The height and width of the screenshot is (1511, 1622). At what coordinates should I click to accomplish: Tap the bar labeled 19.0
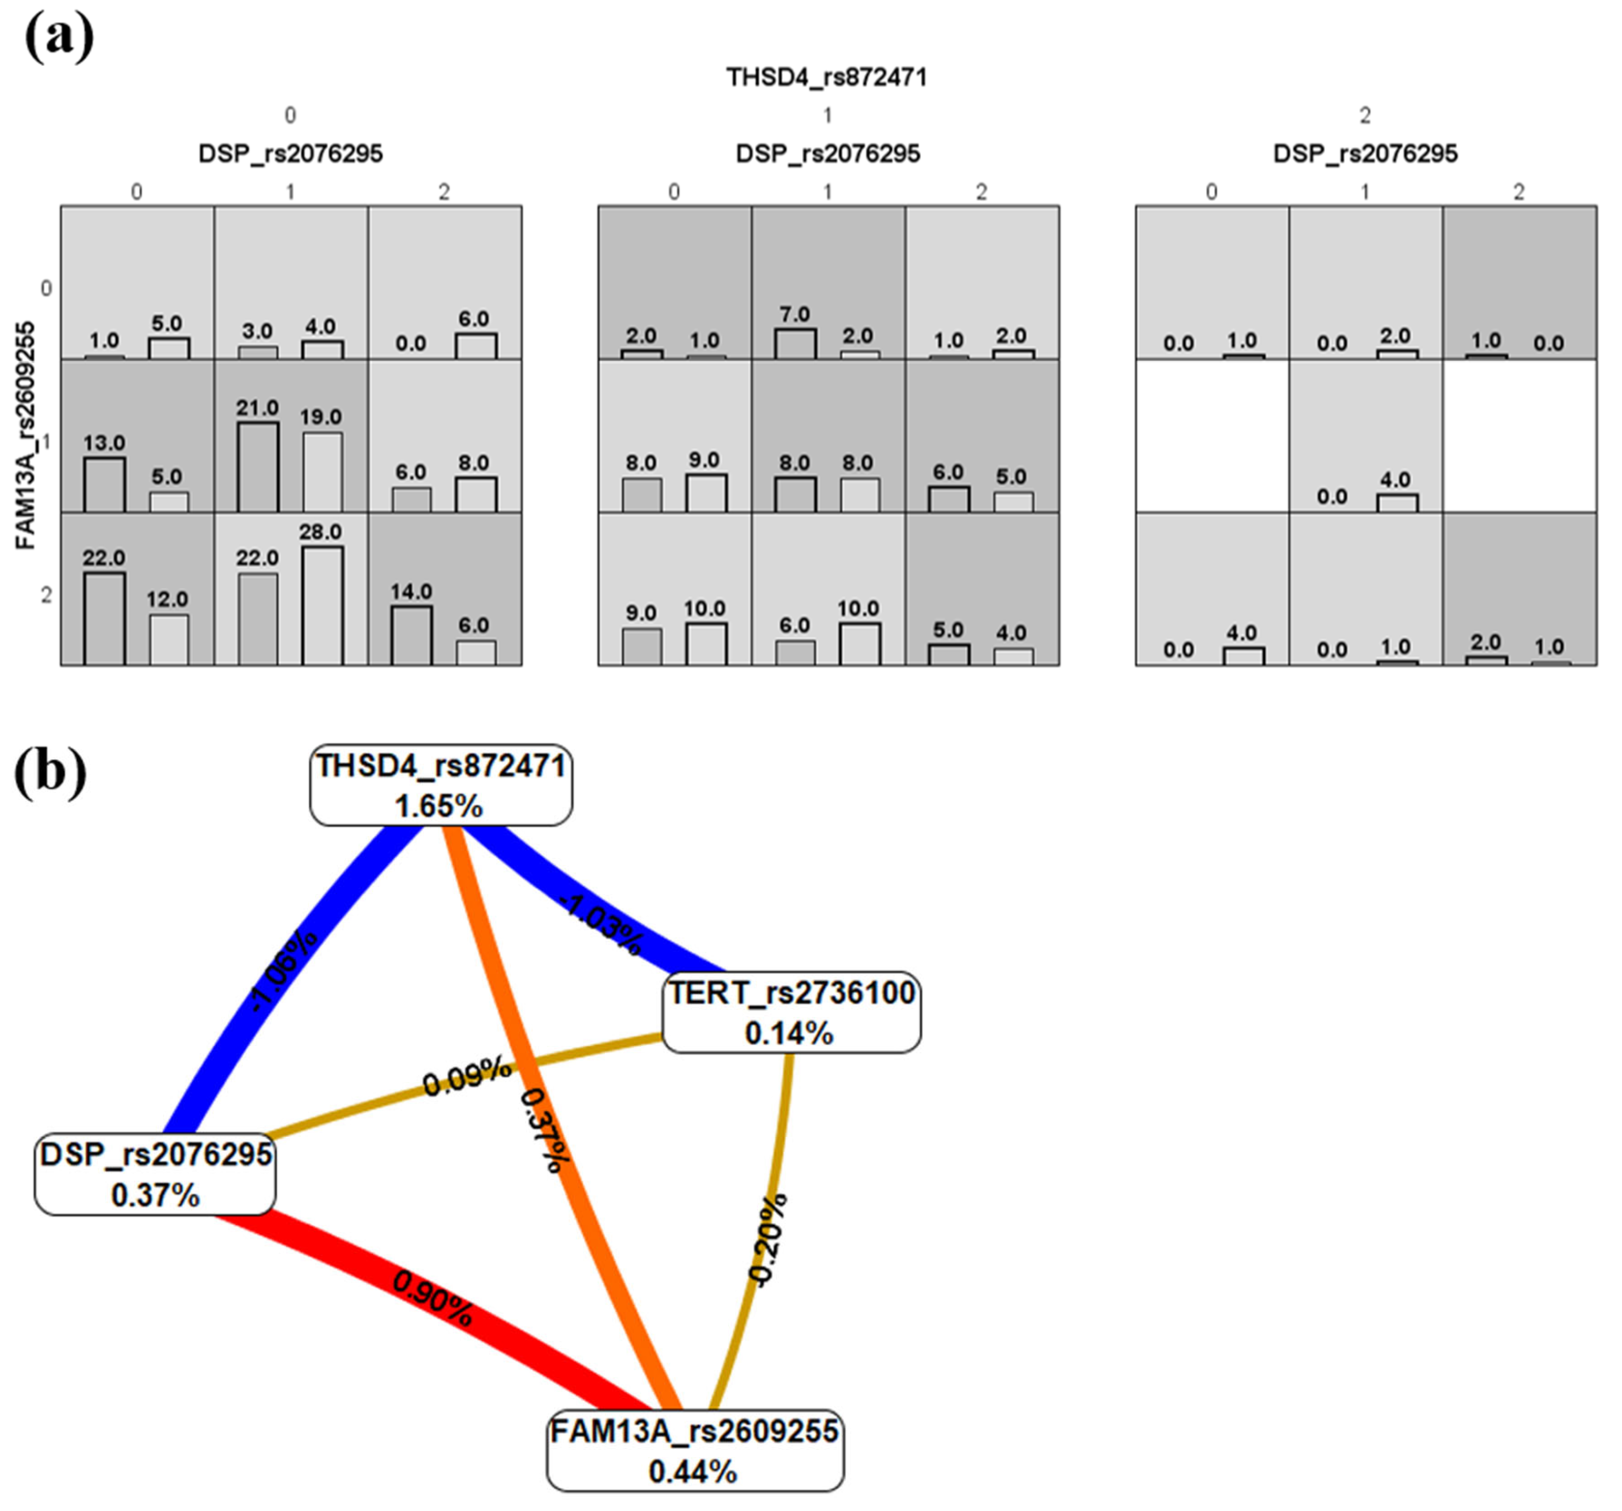pos(322,472)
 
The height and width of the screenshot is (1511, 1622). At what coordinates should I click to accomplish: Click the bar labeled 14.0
pos(412,635)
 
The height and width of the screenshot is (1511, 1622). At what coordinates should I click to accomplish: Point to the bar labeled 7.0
pos(795,343)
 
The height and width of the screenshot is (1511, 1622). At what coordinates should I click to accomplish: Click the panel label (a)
pos(59,37)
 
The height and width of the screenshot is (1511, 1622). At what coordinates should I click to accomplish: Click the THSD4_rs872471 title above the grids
pos(827,77)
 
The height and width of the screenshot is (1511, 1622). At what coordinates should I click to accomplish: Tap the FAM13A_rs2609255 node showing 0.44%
pos(694,1451)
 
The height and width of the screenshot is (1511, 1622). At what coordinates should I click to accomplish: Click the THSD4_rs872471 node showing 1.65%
pos(441,785)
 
